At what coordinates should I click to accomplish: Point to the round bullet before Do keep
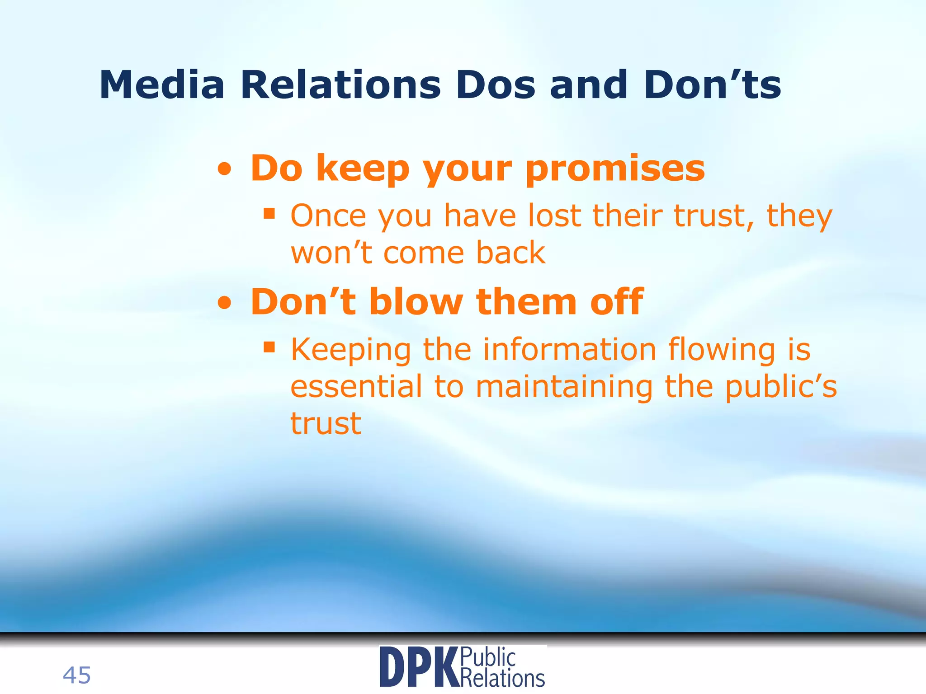(x=224, y=170)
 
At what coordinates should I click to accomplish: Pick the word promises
(x=615, y=169)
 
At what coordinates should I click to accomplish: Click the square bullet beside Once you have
(x=269, y=213)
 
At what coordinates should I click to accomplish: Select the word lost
(x=554, y=216)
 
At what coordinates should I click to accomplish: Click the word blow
(x=416, y=301)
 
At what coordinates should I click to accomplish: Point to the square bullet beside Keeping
(x=269, y=347)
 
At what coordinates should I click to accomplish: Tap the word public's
(x=781, y=388)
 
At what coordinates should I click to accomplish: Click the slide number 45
(x=77, y=675)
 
